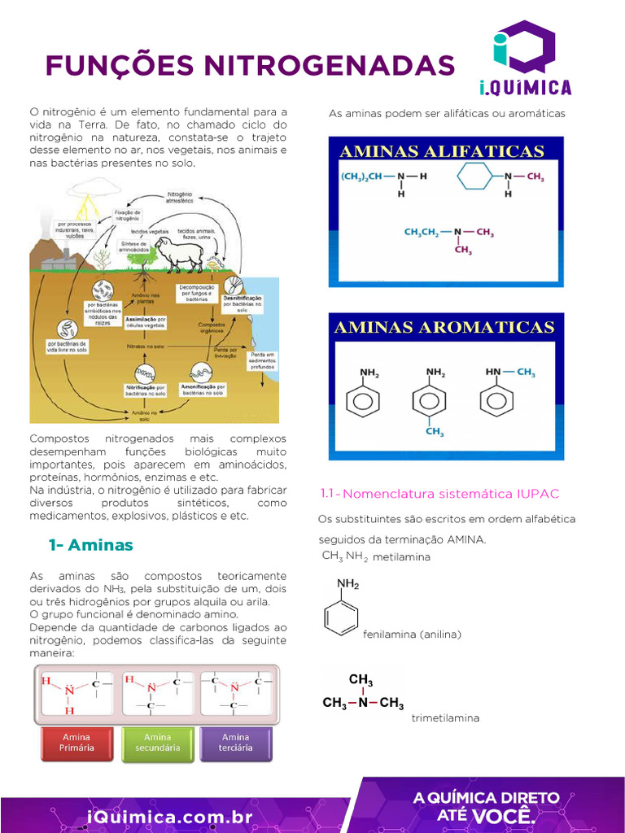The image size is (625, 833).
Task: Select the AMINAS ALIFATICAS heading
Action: coord(441,151)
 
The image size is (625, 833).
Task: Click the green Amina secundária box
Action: coord(157,743)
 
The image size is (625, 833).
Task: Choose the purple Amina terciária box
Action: coord(236,743)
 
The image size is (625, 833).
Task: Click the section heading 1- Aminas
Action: coord(90,544)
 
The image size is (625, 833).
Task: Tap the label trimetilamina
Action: coord(445,718)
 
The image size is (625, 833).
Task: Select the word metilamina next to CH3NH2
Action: coord(401,557)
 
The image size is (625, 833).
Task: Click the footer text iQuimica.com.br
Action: coord(170,816)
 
